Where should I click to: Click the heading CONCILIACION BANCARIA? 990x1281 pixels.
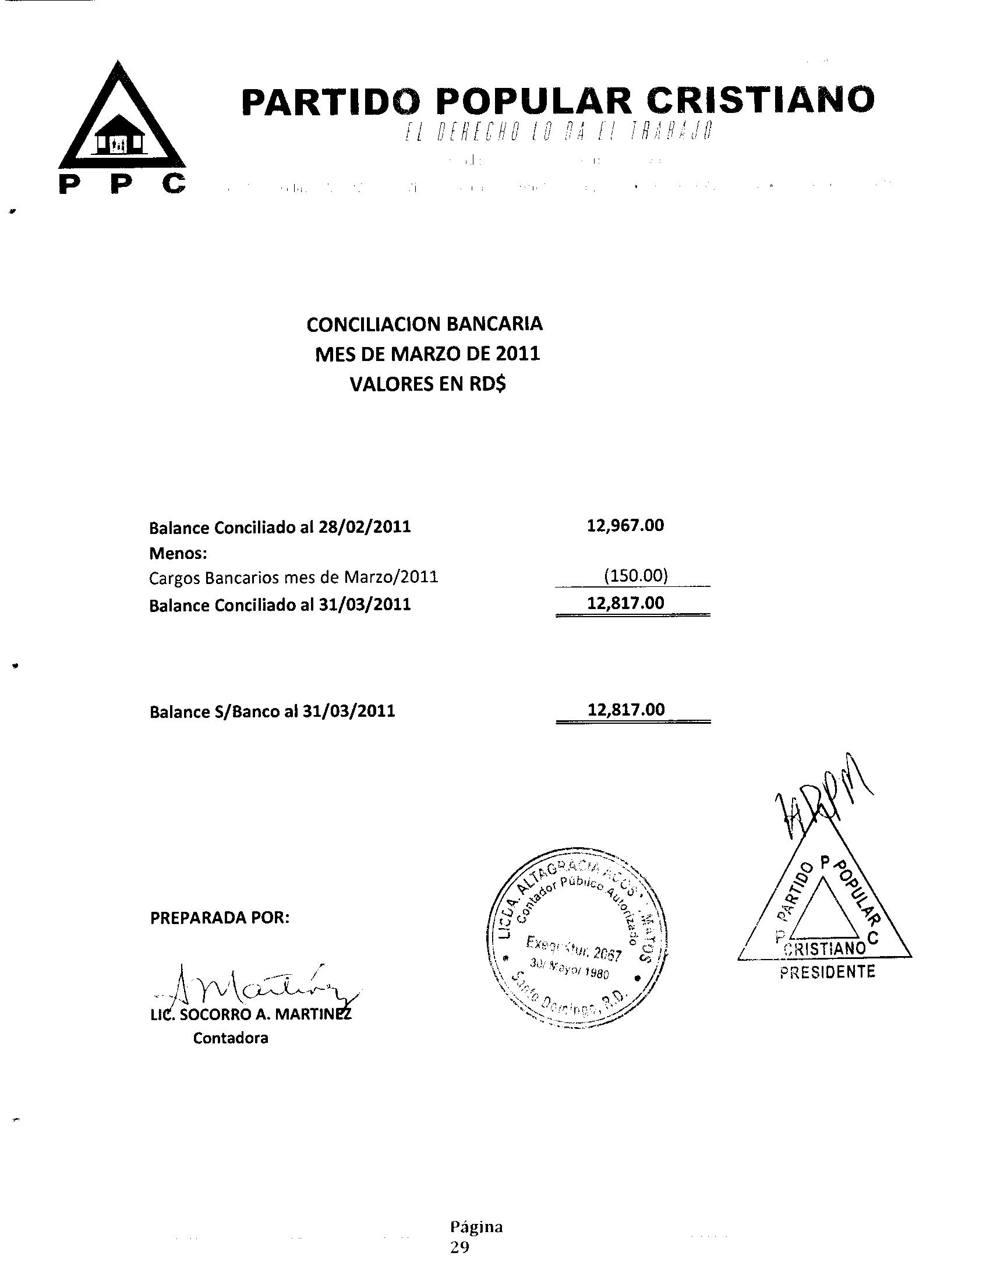[x=425, y=324]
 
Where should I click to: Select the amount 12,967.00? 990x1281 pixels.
[x=625, y=525]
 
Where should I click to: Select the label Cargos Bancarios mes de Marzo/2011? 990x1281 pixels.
[x=294, y=578]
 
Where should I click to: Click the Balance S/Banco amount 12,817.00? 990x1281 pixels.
[x=627, y=710]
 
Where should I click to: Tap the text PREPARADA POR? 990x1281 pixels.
[x=220, y=918]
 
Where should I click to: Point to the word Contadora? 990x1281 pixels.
[x=231, y=1038]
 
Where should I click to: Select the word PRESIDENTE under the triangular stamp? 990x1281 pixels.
[x=827, y=972]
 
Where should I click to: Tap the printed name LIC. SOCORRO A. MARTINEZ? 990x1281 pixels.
[x=252, y=1015]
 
